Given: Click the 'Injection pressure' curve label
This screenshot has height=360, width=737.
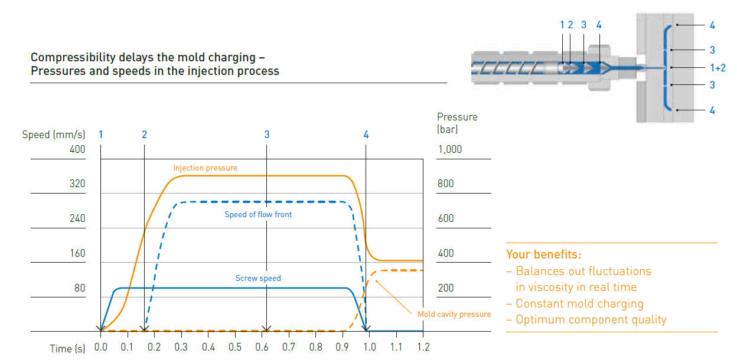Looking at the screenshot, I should (205, 168).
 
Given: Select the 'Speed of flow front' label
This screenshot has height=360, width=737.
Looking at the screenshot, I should (258, 215).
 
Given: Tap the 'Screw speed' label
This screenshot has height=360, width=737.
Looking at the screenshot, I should (258, 279).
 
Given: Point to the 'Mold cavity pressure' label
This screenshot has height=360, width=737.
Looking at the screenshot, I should (454, 315).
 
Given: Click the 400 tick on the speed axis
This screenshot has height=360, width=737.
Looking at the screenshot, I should (77, 150).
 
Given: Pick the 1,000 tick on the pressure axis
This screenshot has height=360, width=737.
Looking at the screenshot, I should (450, 150).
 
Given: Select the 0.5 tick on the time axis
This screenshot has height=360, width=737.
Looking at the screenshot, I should (235, 348).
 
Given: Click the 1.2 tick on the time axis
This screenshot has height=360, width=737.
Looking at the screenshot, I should (423, 348).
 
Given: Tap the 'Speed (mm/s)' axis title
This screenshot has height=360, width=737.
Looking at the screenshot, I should (54, 135).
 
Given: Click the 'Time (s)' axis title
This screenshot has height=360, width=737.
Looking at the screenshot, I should (67, 348).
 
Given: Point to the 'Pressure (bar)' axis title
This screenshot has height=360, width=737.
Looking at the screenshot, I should (457, 123).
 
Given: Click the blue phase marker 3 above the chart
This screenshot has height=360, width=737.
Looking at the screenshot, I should (267, 135).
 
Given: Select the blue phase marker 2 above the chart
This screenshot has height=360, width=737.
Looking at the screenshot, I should (144, 135).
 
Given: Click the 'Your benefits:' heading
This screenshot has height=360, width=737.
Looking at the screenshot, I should (544, 255).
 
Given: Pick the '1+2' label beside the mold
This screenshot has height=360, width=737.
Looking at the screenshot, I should (716, 68).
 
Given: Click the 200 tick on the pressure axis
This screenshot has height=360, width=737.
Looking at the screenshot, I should (446, 289).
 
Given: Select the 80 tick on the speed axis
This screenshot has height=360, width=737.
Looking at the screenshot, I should (80, 289).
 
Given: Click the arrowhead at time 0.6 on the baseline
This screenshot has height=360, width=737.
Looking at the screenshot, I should (267, 329).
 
